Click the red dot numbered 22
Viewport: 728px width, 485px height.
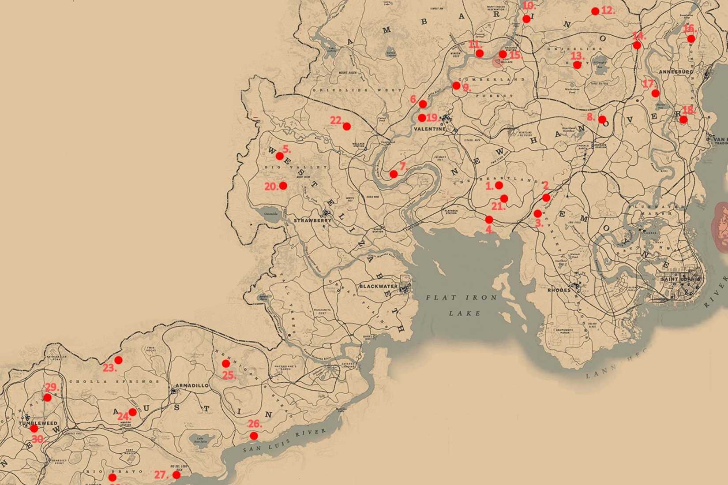click(x=347, y=127)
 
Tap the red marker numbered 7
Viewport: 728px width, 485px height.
click(x=394, y=174)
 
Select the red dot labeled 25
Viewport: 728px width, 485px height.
click(x=226, y=364)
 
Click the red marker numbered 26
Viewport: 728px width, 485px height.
click(x=254, y=436)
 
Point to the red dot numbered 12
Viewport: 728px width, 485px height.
click(x=595, y=11)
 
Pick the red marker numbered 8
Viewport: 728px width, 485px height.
click(x=602, y=119)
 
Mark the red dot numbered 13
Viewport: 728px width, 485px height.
click(x=577, y=65)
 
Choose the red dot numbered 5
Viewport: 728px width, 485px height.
click(x=280, y=156)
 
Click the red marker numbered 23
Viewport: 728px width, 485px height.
click(x=118, y=360)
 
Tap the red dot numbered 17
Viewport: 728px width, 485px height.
click(x=655, y=93)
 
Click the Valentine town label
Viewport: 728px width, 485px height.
click(x=430, y=129)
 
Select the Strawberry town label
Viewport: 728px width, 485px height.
click(x=312, y=220)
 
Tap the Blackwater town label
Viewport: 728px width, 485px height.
click(x=378, y=287)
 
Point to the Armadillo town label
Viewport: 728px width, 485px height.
click(x=192, y=385)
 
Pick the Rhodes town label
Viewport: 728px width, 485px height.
click(x=559, y=291)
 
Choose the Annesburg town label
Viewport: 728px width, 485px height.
click(x=675, y=71)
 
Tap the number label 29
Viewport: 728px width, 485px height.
click(x=52, y=388)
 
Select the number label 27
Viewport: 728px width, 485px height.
click(x=161, y=475)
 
